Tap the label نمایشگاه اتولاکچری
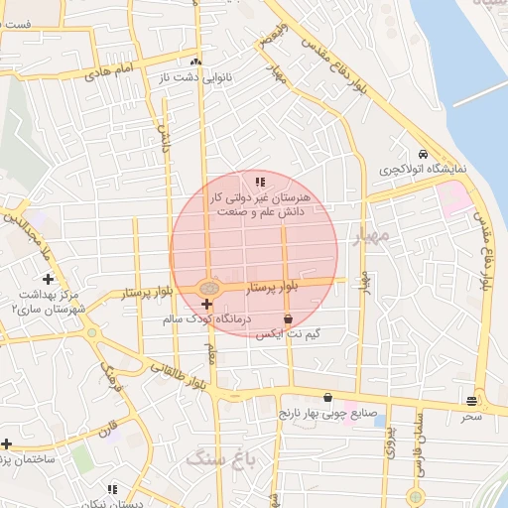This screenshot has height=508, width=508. pos(422,171)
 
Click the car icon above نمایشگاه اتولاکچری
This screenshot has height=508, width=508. pos(423,155)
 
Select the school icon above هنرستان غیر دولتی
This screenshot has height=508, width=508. pos(260,182)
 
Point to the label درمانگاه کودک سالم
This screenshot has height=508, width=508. pos(210,320)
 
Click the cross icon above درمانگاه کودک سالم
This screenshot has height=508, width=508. pos(205,304)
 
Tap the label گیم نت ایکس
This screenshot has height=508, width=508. pos(288,335)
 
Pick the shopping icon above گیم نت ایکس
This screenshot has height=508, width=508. pos(288,319)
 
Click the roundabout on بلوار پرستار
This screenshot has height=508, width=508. pos(208,288)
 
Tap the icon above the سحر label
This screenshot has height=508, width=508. pos(470,401)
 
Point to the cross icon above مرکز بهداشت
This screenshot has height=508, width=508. pos(48,280)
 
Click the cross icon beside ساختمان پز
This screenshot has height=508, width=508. pos(6,444)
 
